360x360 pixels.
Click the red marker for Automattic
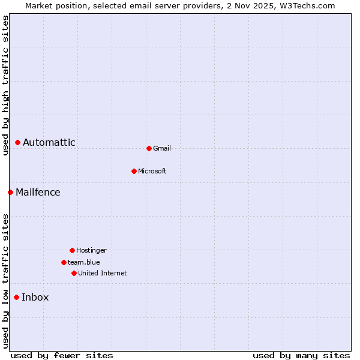[18, 142]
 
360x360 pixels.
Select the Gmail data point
[149, 148]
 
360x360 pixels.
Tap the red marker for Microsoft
[134, 171]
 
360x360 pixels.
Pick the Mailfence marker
[10, 192]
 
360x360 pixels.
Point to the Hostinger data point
[72, 250]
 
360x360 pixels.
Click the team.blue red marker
[64, 262]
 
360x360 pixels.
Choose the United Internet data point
[74, 273]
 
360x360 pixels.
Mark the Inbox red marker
[16, 297]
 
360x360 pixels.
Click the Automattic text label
[49, 142]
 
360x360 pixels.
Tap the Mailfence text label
[38, 192]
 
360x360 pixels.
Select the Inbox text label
[35, 297]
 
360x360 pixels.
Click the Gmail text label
[162, 148]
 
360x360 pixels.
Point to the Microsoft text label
[152, 171]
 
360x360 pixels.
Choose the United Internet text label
[103, 273]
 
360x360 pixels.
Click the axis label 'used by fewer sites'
[62, 355]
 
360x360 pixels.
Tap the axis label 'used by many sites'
[301, 355]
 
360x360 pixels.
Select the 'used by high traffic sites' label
[5, 86]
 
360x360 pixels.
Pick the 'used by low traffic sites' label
[5, 281]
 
